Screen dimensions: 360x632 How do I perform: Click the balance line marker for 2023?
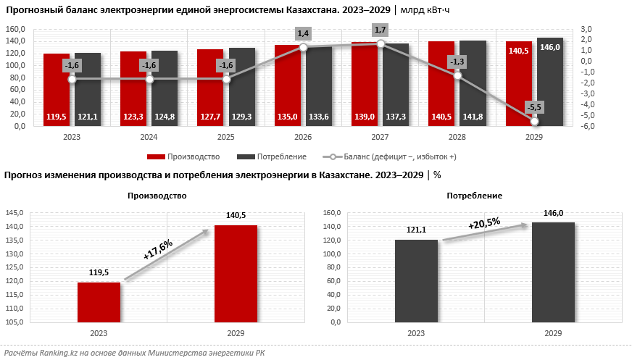coord(72,79)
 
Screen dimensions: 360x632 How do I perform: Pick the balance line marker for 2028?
coord(457,75)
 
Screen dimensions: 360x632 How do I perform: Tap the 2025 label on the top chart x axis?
coord(226,136)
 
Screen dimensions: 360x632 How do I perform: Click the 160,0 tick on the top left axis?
coord(16,29)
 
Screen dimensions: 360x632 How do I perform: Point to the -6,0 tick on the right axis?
coord(588,127)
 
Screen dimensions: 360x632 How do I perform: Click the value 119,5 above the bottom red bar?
coord(99,274)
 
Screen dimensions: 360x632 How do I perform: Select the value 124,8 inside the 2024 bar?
coord(165,116)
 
